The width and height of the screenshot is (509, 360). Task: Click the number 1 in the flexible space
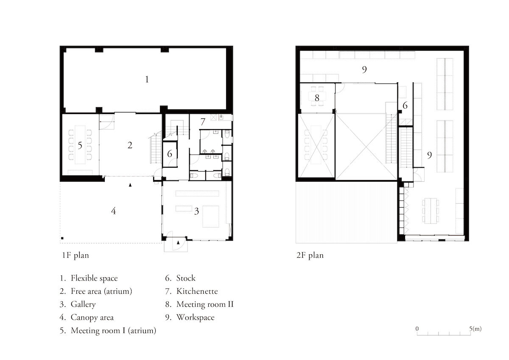[147, 79]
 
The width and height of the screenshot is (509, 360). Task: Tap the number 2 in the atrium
[130, 145]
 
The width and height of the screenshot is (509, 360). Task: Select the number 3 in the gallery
[196, 211]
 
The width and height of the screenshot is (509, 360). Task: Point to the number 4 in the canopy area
[113, 211]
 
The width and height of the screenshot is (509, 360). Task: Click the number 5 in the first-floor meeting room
[80, 146]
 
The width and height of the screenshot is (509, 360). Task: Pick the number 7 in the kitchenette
[203, 122]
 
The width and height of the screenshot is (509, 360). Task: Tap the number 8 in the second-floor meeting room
[317, 98]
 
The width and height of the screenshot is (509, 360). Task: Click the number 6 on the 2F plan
[405, 105]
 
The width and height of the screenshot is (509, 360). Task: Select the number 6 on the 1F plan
[170, 154]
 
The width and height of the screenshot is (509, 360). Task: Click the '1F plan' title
[75, 256]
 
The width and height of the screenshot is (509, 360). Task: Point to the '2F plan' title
[310, 256]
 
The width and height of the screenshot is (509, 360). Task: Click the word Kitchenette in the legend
[197, 291]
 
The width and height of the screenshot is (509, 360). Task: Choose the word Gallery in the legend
[83, 304]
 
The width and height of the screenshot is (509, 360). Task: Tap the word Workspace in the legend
[196, 318]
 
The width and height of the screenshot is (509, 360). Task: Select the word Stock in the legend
[186, 278]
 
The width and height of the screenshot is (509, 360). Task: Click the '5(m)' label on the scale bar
[475, 329]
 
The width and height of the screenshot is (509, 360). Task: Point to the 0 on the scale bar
[417, 329]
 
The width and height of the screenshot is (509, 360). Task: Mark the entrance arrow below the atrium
[130, 185]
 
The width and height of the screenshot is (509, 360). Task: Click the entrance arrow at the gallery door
[179, 243]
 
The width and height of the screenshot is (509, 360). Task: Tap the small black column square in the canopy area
[62, 238]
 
